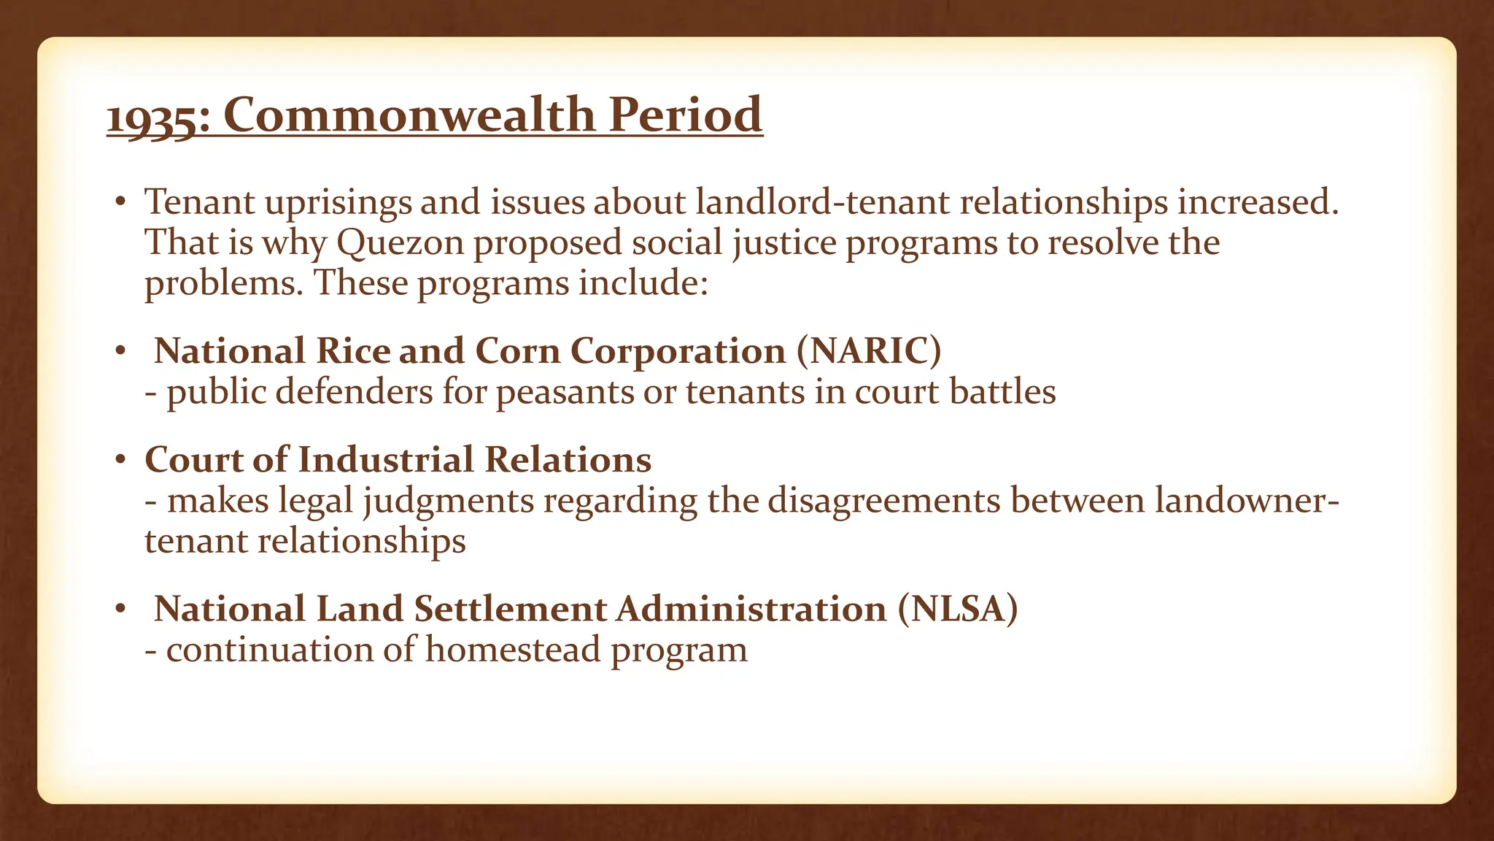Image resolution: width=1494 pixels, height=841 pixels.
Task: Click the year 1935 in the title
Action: coord(152,117)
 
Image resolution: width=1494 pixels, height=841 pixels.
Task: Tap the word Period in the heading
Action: coord(686,115)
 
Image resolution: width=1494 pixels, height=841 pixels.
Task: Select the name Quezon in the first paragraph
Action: coord(400,242)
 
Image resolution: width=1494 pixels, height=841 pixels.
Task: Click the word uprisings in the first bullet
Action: coord(338,203)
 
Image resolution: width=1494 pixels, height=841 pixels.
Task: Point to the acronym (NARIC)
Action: coord(869,351)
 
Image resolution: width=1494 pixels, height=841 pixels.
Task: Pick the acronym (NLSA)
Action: coord(957,609)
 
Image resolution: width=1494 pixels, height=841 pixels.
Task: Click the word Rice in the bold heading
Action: coord(353,351)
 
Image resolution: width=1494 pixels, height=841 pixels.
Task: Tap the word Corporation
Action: coord(678,351)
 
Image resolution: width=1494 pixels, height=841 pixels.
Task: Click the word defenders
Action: coord(354,391)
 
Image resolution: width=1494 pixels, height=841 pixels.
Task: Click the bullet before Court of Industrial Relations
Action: coord(121,461)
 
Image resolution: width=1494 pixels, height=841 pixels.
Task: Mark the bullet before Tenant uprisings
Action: coord(121,202)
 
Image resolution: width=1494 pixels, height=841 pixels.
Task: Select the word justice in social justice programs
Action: coord(784,244)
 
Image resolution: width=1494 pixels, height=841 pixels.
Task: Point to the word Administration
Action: coord(751,609)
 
